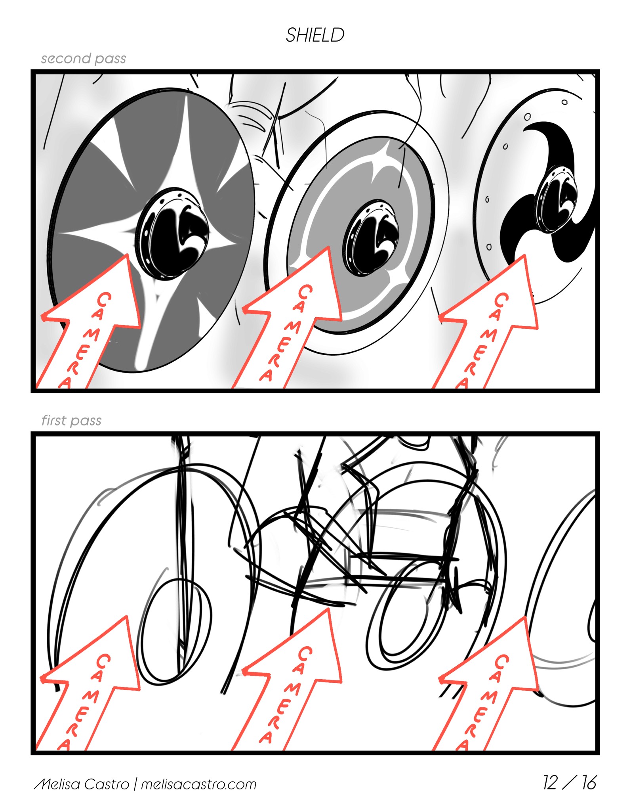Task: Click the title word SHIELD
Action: pyautogui.click(x=315, y=35)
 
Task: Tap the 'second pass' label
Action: pyautogui.click(x=84, y=59)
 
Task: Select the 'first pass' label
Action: pyautogui.click(x=71, y=420)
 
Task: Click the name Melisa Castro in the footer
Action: pyautogui.click(x=82, y=784)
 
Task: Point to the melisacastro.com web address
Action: pyautogui.click(x=199, y=784)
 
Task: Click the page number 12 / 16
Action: pyautogui.click(x=570, y=783)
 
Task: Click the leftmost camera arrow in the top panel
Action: pyautogui.click(x=89, y=325)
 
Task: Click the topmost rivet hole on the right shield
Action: pyautogui.click(x=564, y=102)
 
